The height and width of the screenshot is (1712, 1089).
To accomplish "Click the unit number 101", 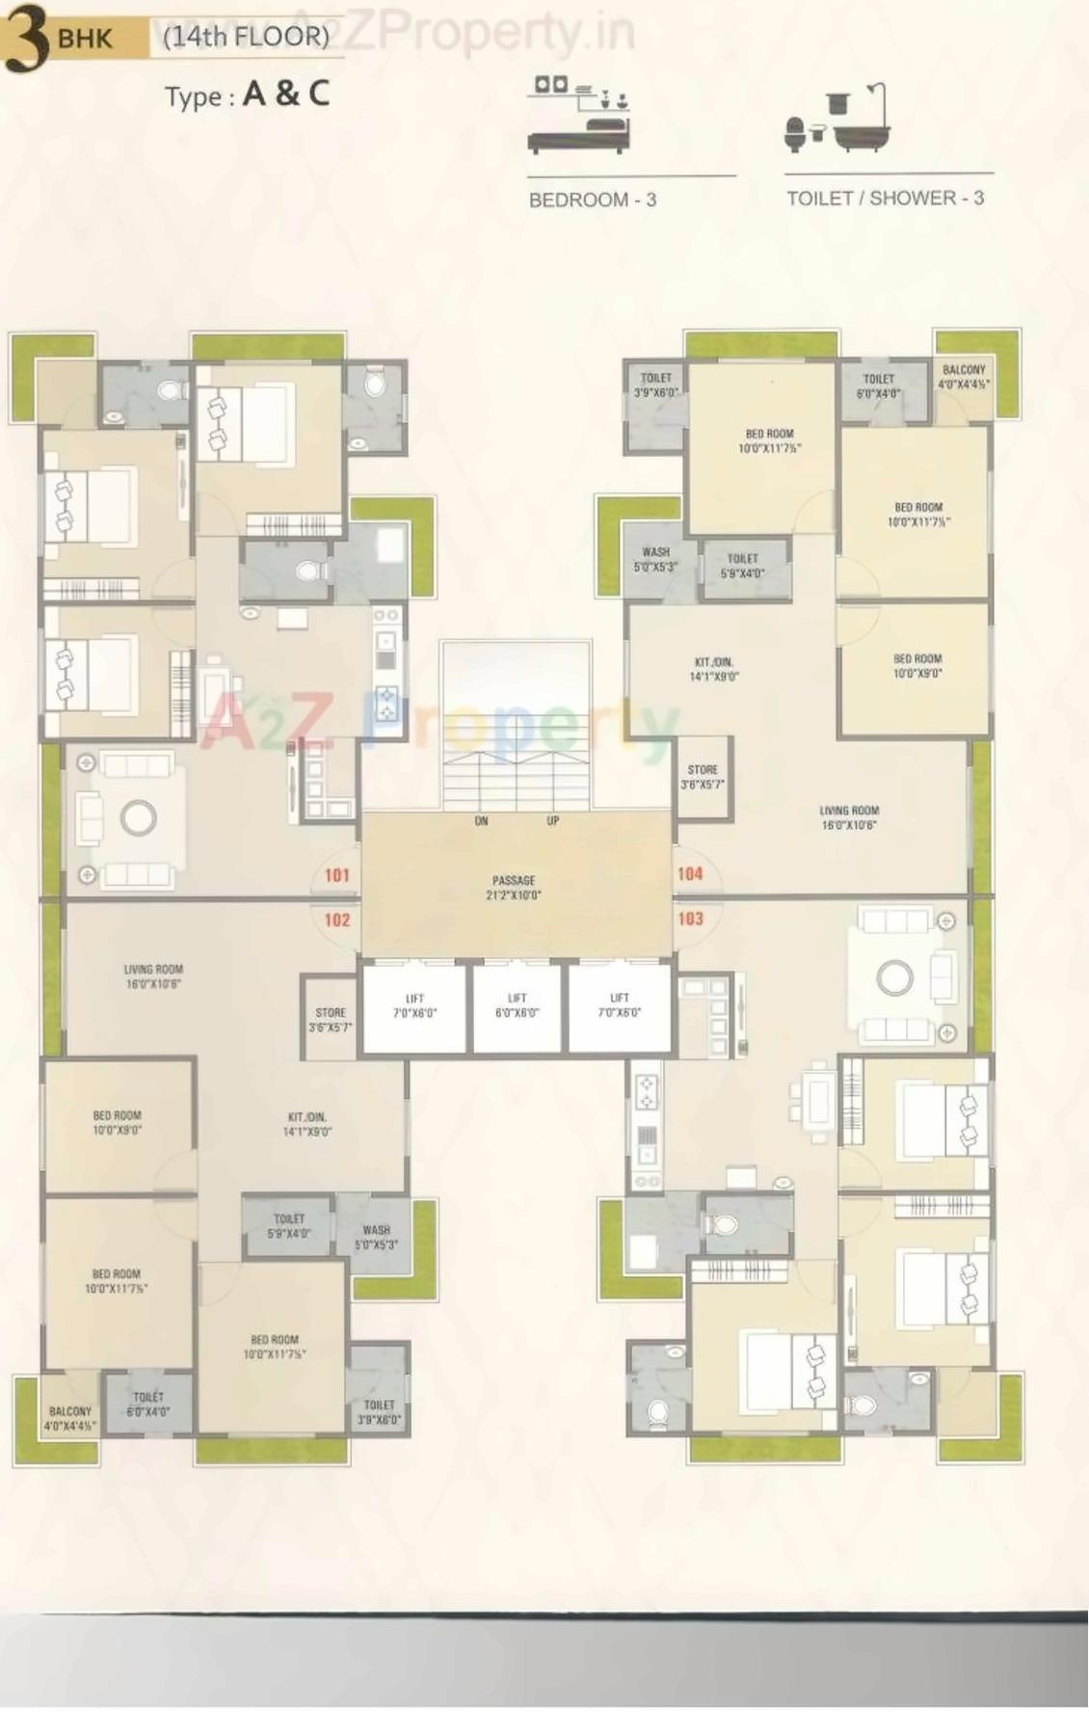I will pyautogui.click(x=336, y=875).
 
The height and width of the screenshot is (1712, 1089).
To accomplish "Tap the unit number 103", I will pyautogui.click(x=690, y=919).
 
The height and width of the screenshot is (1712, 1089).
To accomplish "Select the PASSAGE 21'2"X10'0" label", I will pyautogui.click(x=515, y=887).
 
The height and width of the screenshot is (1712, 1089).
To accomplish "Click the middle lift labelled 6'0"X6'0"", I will pyautogui.click(x=518, y=1005).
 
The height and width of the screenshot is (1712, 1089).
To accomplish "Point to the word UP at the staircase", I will pyautogui.click(x=552, y=821).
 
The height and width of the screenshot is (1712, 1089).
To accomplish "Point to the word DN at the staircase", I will pyautogui.click(x=481, y=821).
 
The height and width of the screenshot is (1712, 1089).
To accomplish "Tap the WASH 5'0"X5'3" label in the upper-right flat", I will pyautogui.click(x=655, y=559).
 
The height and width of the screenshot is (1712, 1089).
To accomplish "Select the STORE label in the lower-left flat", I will pyautogui.click(x=330, y=1020).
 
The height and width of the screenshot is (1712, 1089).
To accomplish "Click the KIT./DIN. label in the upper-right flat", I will pyautogui.click(x=714, y=669).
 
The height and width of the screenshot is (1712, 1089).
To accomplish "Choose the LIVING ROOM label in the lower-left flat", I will pyautogui.click(x=153, y=976).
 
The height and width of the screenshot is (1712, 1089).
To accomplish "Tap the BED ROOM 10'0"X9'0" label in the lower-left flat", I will pyautogui.click(x=117, y=1122).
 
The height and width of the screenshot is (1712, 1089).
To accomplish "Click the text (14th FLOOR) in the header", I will pyautogui.click(x=246, y=37).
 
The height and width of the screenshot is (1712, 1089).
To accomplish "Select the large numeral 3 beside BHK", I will pyautogui.click(x=27, y=40).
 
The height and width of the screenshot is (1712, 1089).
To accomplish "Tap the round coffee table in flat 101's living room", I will pyautogui.click(x=139, y=818).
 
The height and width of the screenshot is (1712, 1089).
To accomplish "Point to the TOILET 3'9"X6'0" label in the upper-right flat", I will pyautogui.click(x=655, y=385).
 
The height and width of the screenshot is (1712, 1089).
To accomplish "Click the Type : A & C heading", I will pyautogui.click(x=247, y=94).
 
